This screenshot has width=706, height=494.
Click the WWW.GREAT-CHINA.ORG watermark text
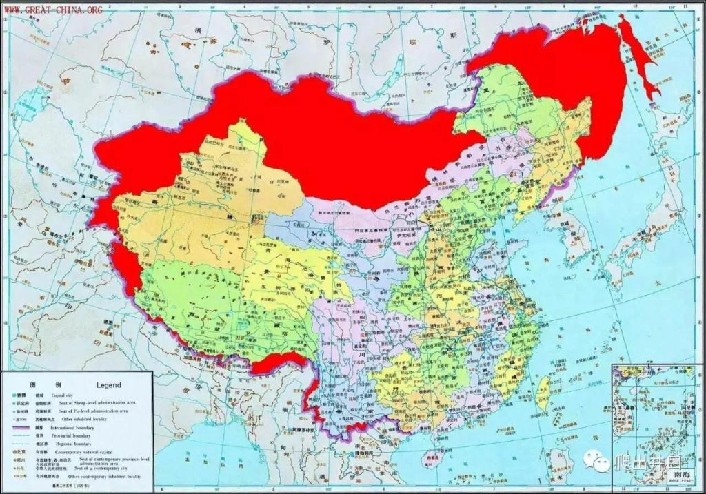click(x=54, y=10)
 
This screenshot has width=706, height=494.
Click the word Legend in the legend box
click(x=108, y=385)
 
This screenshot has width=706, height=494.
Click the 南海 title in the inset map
click(x=684, y=475)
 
